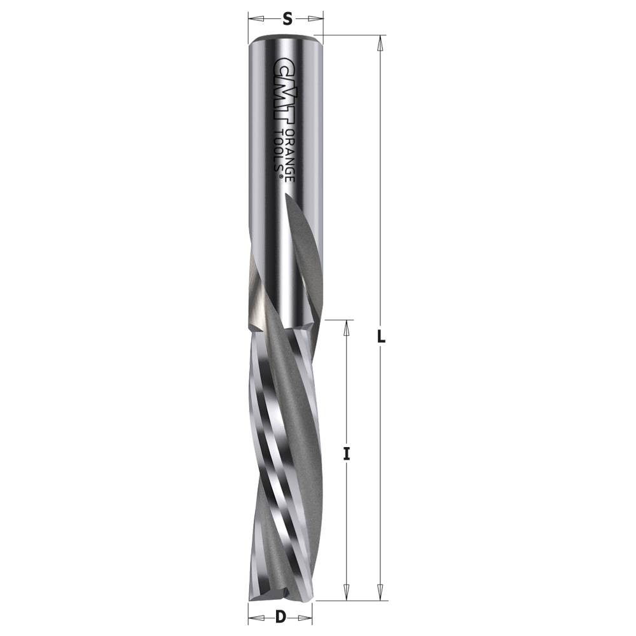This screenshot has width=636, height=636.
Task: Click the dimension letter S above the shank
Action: [x=287, y=18]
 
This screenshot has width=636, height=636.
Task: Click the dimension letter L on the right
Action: [x=381, y=336]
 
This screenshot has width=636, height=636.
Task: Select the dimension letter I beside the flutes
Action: [x=346, y=454]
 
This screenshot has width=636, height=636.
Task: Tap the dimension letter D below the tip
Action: [x=280, y=618]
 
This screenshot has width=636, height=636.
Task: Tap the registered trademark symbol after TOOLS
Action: [x=279, y=176]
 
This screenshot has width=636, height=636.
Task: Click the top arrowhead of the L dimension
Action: [x=380, y=43]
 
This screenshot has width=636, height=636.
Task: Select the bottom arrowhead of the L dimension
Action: [x=380, y=593]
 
